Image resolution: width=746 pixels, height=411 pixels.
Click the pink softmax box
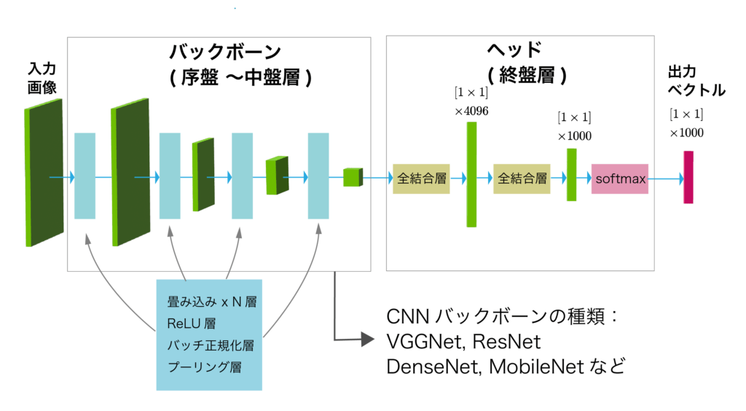pyautogui.click(x=620, y=178)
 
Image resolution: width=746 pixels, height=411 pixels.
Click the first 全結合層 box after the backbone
pyautogui.click(x=421, y=178)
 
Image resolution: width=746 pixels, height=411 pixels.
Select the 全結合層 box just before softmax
pyautogui.click(x=522, y=178)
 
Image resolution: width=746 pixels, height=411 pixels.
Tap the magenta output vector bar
pyautogui.click(x=688, y=177)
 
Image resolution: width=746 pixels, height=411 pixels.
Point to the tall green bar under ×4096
pyautogui.click(x=472, y=174)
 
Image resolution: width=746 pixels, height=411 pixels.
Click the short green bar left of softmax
pyautogui.click(x=572, y=175)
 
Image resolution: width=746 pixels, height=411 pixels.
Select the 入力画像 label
pyautogui.click(x=42, y=78)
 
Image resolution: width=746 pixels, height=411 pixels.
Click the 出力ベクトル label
pyautogui.click(x=696, y=82)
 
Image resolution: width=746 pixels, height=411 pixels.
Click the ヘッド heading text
pyautogui.click(x=514, y=50)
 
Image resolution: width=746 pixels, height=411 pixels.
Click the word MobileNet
pyautogui.click(x=530, y=365)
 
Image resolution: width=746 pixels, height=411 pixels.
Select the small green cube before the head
pyautogui.click(x=353, y=177)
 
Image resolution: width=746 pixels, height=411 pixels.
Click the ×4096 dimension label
pyautogui.click(x=471, y=111)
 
